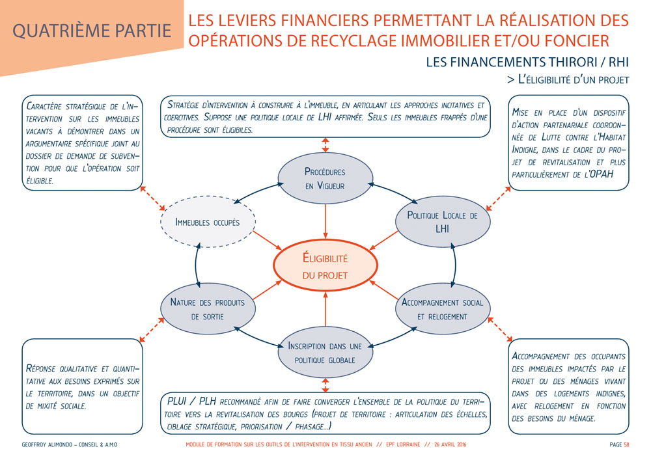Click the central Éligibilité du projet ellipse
pos(325,266)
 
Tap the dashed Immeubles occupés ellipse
pos(208,223)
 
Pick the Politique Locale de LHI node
pos(443,222)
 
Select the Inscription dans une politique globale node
pos(325,353)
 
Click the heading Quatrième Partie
pos(91,31)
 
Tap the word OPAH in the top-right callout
pos(605,174)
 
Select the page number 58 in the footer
pos(626,445)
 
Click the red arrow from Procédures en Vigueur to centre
pos(325,221)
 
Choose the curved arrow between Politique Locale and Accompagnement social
pos(454,265)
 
